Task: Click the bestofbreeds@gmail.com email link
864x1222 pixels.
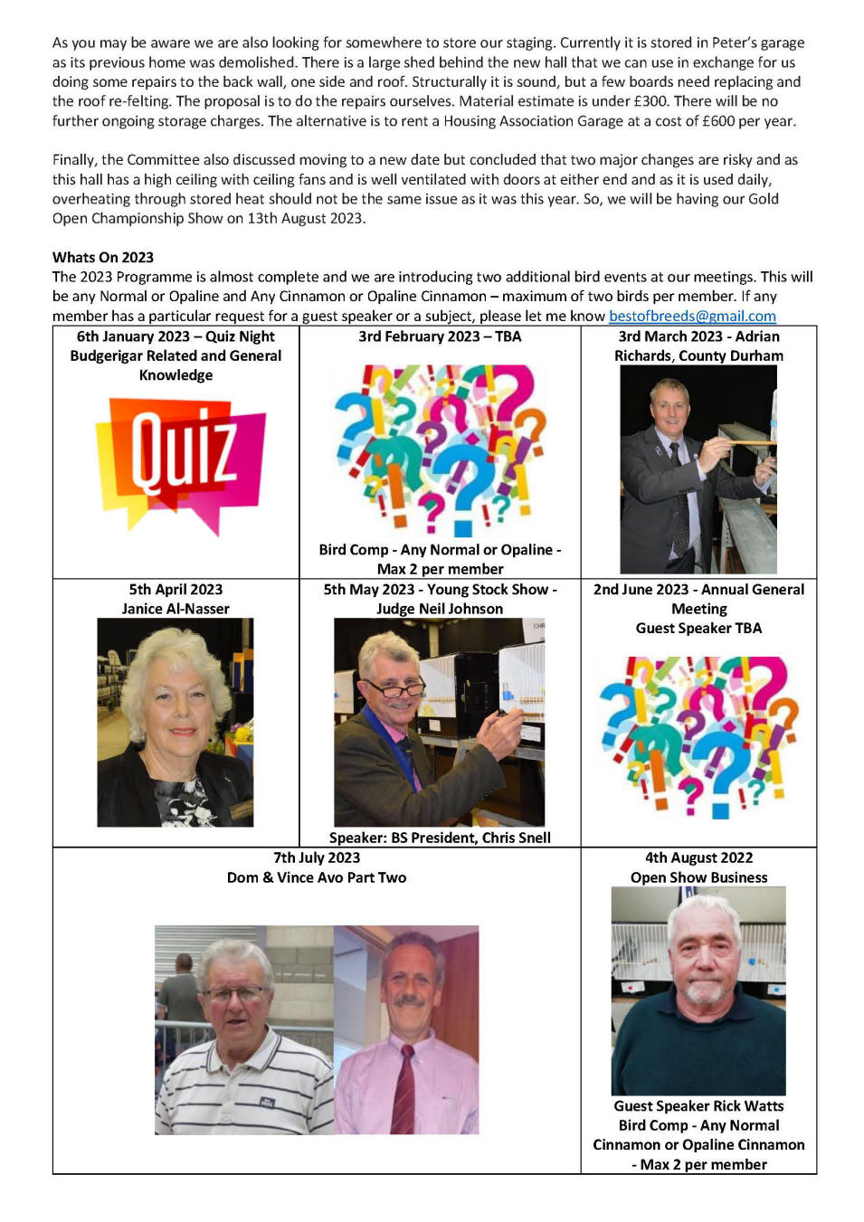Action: (x=692, y=316)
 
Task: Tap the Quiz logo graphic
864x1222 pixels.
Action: (x=181, y=464)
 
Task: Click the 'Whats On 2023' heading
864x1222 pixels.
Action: (x=103, y=258)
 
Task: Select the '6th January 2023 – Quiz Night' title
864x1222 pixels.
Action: (x=176, y=336)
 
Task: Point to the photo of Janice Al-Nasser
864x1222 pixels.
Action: (x=176, y=722)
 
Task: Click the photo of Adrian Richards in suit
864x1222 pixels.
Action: (x=698, y=469)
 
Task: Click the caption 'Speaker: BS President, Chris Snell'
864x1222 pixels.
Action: (x=440, y=838)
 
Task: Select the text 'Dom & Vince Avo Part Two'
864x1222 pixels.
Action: (x=317, y=877)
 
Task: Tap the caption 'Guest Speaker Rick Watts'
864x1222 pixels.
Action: (x=698, y=1106)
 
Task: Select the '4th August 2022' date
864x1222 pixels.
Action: (x=698, y=857)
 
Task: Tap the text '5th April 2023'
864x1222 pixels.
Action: (x=176, y=590)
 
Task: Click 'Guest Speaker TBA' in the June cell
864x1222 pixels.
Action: (x=698, y=629)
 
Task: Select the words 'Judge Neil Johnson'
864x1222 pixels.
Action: (x=440, y=610)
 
